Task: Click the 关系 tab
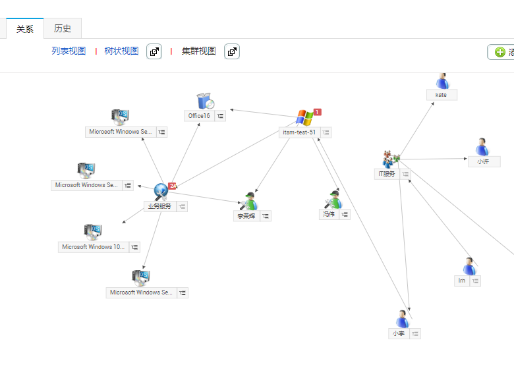point(25,29)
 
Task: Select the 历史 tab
point(63,28)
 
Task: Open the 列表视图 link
point(69,51)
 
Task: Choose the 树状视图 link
point(121,51)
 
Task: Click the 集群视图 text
point(198,51)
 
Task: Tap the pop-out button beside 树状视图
point(154,51)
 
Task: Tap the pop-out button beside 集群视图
point(232,51)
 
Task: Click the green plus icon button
point(500,52)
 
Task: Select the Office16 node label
point(199,116)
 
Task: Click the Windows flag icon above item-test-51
point(304,117)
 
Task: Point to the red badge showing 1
point(317,112)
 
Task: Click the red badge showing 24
point(173,186)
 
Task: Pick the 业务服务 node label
point(159,206)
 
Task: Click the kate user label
point(441,95)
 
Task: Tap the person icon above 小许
point(482,147)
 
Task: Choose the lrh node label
point(462,281)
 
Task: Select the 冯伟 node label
point(328,214)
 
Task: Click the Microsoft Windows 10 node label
point(93,247)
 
